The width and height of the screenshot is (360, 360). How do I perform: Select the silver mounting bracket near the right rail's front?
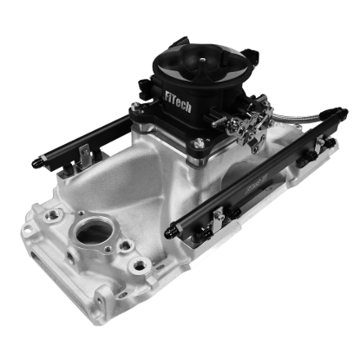click(217, 214)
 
